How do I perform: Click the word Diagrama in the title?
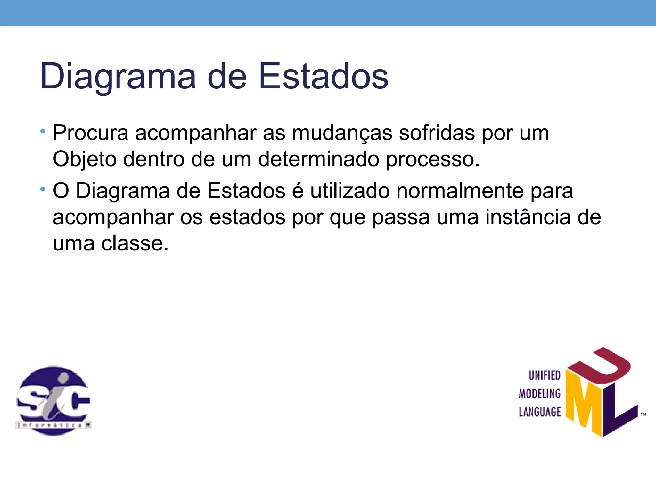click(118, 77)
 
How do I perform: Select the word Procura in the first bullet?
click(90, 133)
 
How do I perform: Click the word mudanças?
click(342, 133)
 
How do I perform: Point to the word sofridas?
click(437, 133)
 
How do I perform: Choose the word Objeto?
click(84, 159)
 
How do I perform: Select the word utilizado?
click(349, 191)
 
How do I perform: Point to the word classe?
click(135, 243)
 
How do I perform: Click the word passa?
click(401, 217)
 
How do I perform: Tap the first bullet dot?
click(43, 131)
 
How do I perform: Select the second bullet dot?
click(43, 190)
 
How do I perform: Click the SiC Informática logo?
click(53, 400)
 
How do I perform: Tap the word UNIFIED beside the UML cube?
click(544, 375)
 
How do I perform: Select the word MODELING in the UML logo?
click(540, 394)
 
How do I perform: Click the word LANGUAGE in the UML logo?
click(540, 412)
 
